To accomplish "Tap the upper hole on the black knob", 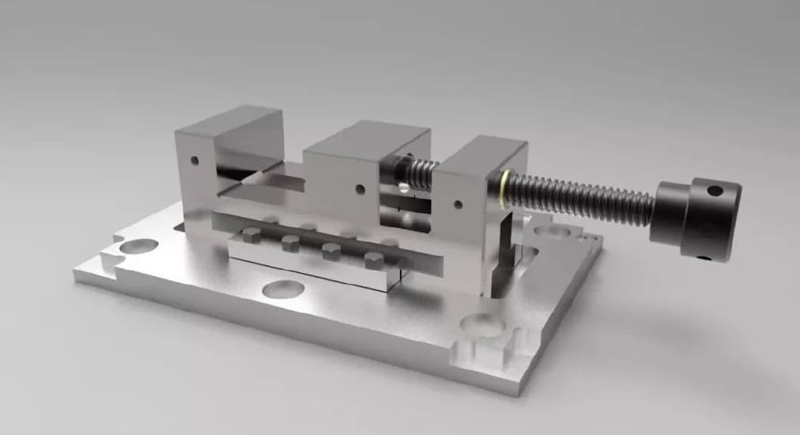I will click(x=715, y=191).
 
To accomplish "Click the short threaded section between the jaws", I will click(x=415, y=172).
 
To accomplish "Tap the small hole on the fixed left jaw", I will click(x=194, y=161).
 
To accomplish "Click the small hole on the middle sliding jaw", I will click(x=360, y=189).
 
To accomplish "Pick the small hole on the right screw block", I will click(x=458, y=205).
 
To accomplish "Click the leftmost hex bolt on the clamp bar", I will click(x=251, y=234).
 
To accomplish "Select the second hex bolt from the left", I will click(x=291, y=242).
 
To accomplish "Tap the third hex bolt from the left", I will click(x=331, y=252).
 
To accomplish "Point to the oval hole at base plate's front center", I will click(x=283, y=289).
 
